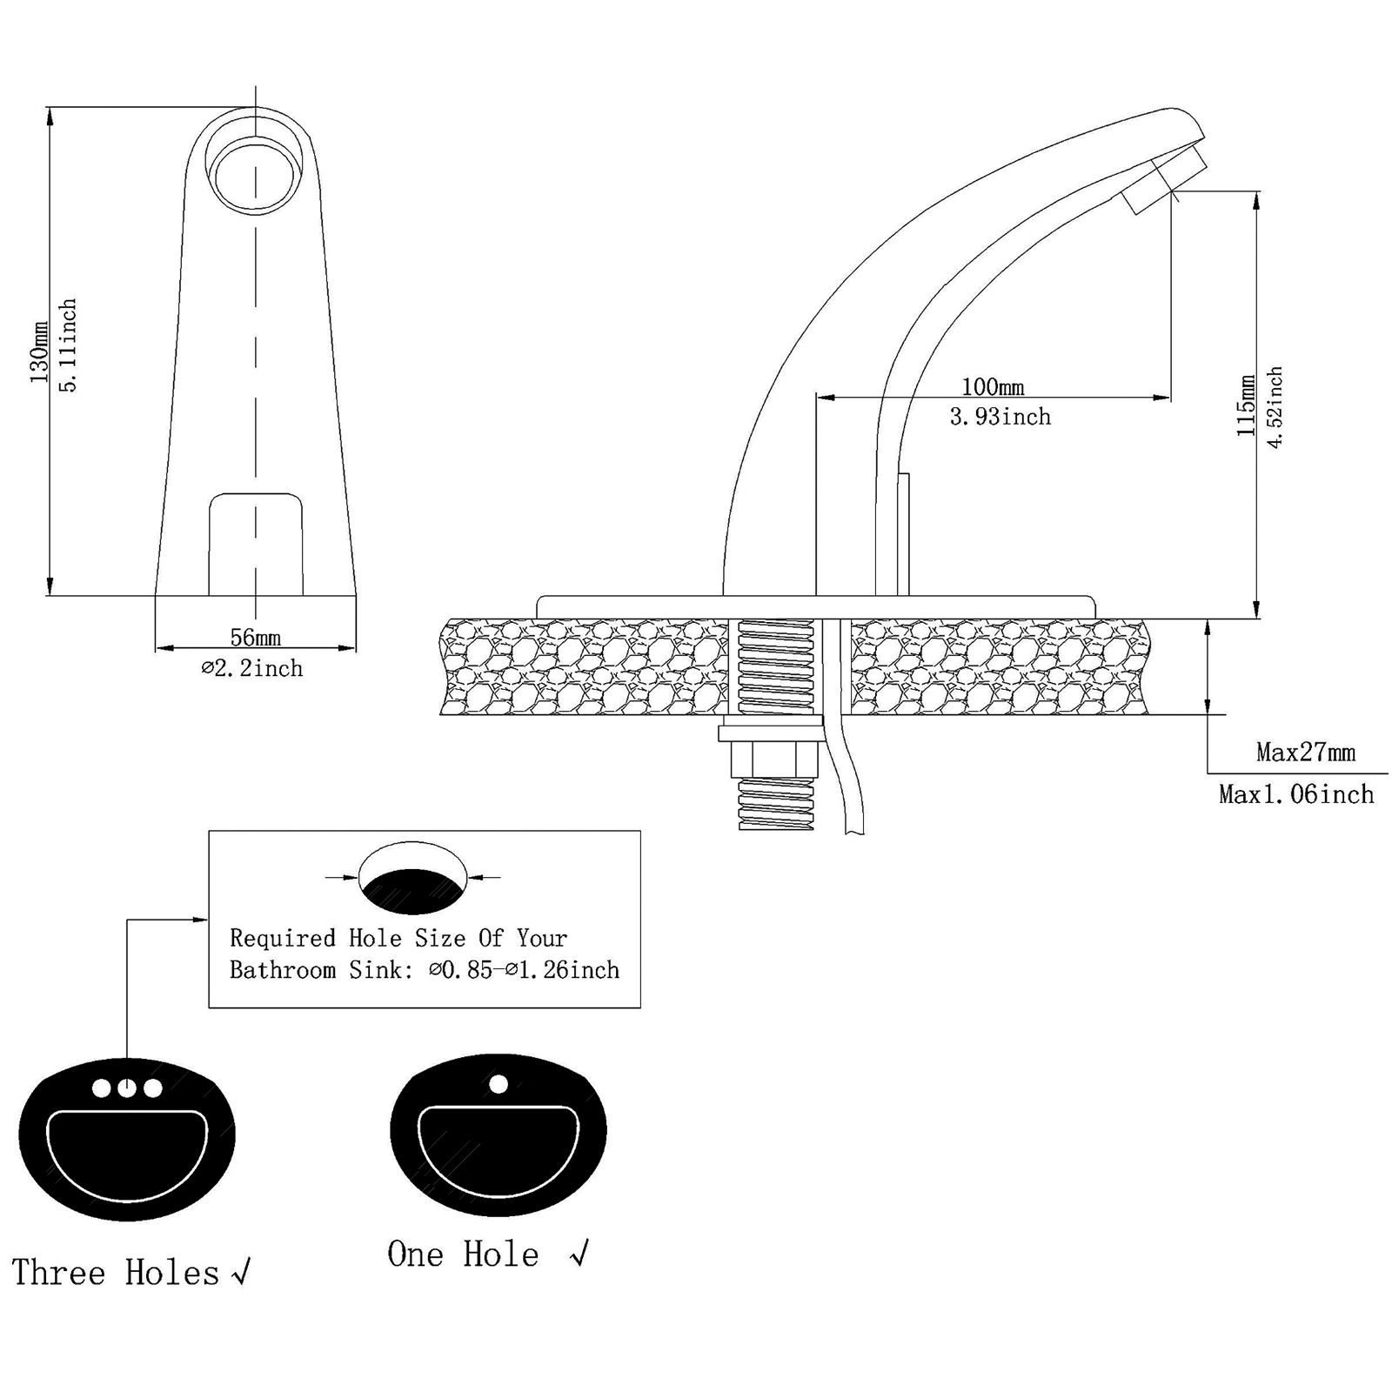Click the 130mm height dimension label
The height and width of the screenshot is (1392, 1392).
point(39,351)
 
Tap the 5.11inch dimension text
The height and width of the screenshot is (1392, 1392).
point(69,345)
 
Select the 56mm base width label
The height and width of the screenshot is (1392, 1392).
point(255,638)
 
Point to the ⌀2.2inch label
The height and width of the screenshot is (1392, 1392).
point(252,668)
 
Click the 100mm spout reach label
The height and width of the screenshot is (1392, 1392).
point(993,386)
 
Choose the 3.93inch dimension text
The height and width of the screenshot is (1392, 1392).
point(1000,418)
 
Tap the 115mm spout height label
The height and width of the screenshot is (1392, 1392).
point(1247,405)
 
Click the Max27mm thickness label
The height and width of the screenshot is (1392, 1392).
point(1306,752)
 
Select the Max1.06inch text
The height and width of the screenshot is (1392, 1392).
point(1296,793)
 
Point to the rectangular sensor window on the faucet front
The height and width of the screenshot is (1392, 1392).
point(256,545)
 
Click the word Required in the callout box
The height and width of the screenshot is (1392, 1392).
point(283,938)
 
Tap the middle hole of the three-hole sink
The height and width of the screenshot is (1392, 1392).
point(127,1087)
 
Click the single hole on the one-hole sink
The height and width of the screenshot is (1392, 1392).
point(499,1084)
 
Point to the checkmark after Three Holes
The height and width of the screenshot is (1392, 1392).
point(241,1273)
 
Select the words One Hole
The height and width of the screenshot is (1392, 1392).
point(463,1255)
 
